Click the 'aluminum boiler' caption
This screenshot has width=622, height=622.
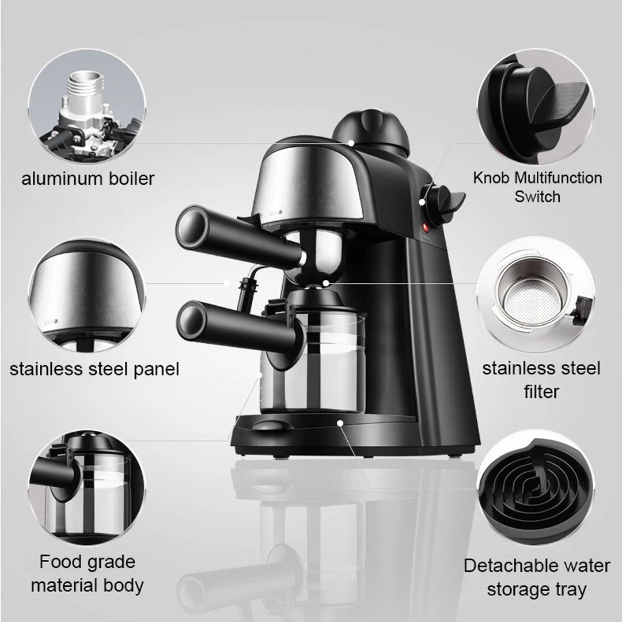(x=88, y=179)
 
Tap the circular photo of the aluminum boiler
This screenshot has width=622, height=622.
(x=88, y=107)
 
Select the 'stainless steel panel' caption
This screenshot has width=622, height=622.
(x=94, y=369)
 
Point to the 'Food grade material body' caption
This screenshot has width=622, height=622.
(x=88, y=574)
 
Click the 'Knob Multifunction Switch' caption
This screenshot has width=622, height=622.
(x=537, y=187)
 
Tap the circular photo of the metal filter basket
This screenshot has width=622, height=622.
(x=535, y=294)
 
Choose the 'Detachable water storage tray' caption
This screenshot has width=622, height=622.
(x=536, y=577)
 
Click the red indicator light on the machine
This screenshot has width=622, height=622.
(x=427, y=227)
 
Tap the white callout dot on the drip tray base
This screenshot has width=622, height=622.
(x=341, y=423)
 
